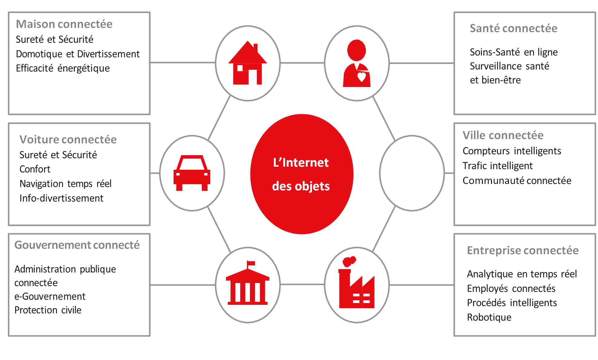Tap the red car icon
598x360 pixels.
click(x=192, y=173)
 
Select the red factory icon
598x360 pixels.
click(x=357, y=285)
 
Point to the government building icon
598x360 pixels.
click(x=248, y=284)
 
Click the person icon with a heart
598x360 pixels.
click(x=357, y=64)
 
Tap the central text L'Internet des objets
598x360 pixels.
click(x=301, y=174)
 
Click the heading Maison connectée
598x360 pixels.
click(x=64, y=24)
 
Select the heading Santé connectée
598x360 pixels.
click(x=513, y=28)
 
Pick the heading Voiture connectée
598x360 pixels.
click(x=68, y=140)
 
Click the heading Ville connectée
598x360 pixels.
click(x=503, y=135)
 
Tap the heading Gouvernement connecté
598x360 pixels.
click(x=77, y=245)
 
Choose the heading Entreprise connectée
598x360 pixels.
click(x=523, y=251)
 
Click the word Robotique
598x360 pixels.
click(x=489, y=317)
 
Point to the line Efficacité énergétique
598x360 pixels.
click(x=63, y=68)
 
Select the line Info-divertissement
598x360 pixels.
click(x=61, y=198)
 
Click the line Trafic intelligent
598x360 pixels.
click(x=497, y=166)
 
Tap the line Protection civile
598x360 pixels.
click(x=48, y=310)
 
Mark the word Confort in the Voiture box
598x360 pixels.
click(x=35, y=169)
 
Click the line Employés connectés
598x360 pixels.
click(x=511, y=288)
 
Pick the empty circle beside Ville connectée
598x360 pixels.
click(x=412, y=173)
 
